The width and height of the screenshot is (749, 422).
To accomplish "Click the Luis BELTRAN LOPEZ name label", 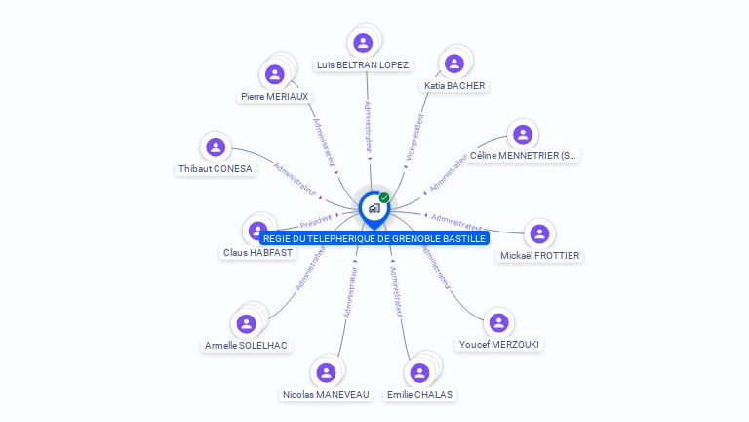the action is pos(363,65).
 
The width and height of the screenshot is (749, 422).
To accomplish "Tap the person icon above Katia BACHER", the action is pos(453,63).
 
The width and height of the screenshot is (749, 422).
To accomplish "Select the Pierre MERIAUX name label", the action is pos(275,97).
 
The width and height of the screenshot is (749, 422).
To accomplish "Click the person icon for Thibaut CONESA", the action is pos(216,148).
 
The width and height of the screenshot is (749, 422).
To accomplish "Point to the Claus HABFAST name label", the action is pos(257,253).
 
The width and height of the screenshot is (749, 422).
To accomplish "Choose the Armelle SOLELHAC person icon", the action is pos(247,322).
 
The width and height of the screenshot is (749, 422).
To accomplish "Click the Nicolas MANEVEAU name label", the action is pos(326,395).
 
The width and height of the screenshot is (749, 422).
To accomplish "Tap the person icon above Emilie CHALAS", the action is pos(419,373).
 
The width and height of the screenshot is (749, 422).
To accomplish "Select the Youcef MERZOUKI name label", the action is pos(498,345).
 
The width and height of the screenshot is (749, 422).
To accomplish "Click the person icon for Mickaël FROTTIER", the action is pos(539,233).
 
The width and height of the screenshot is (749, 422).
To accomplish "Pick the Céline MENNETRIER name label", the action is pos(523,156).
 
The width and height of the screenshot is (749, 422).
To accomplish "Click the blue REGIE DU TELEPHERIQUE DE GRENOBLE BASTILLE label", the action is pos(374,238).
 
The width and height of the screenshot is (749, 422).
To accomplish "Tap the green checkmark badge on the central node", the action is pos(384,197).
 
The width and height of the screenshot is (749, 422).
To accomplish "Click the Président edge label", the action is pos(316,221).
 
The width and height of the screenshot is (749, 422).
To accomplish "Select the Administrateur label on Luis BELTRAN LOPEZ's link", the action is pos(368,126).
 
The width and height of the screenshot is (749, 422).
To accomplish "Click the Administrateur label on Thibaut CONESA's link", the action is pos(296,174).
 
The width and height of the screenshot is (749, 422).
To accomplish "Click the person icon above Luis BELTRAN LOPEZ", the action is pos(363,43).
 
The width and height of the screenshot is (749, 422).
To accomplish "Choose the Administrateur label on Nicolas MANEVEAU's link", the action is pos(349,292).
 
